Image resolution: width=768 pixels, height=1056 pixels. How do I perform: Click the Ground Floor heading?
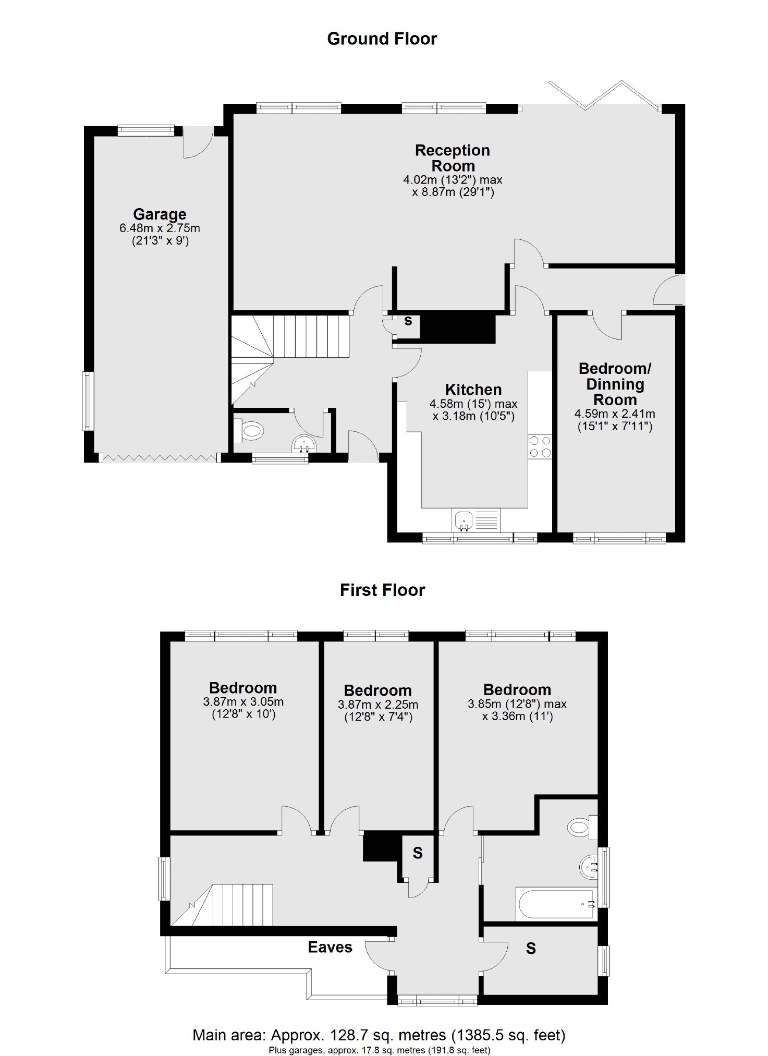(382, 39)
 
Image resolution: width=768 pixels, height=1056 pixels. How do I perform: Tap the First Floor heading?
(382, 590)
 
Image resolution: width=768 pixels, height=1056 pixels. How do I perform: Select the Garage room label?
(160, 214)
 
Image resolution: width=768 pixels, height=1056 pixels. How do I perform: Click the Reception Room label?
(452, 158)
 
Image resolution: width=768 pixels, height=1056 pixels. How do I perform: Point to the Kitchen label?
(473, 390)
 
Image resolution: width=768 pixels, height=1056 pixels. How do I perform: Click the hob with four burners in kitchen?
(540, 447)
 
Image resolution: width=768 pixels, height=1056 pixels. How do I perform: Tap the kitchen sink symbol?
(464, 520)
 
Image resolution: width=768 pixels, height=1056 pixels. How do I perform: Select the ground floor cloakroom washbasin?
(304, 444)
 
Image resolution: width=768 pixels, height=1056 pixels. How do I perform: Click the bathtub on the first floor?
(555, 904)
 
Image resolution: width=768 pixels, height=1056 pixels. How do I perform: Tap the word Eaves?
(330, 947)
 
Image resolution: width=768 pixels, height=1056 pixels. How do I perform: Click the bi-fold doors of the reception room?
(605, 96)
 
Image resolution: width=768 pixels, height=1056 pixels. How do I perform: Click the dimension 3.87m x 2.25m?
(378, 705)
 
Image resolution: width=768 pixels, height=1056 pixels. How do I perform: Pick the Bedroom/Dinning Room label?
(615, 384)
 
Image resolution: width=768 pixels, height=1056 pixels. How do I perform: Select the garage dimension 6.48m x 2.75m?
(160, 228)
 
